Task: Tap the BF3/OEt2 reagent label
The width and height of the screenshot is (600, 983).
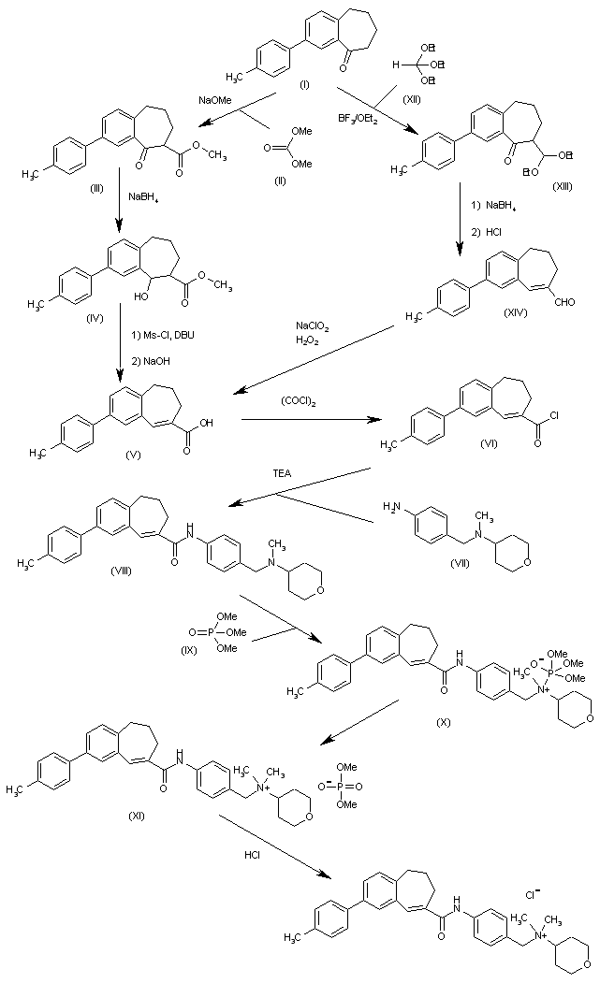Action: pyautogui.click(x=359, y=118)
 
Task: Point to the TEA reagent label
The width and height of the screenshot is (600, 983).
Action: pyautogui.click(x=282, y=474)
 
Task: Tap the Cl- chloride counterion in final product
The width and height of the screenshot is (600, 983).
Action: pyautogui.click(x=531, y=895)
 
